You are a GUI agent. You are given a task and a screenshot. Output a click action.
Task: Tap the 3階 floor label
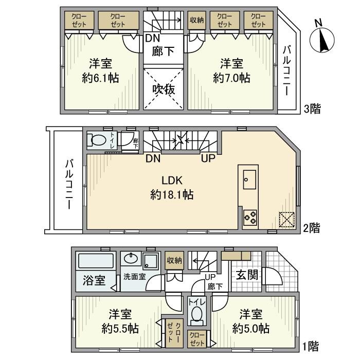click(x=312, y=109)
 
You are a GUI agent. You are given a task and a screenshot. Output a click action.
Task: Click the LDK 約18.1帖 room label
click(x=172, y=188)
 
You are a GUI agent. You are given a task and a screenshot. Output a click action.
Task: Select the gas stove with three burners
click(x=250, y=218)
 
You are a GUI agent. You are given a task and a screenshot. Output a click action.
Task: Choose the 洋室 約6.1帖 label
click(x=102, y=71)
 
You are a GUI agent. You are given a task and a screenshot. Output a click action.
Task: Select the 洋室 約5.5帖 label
click(x=119, y=321)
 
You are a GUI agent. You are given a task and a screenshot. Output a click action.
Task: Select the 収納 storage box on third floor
click(x=196, y=21)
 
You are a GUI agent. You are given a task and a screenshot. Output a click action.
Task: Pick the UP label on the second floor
click(x=208, y=158)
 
